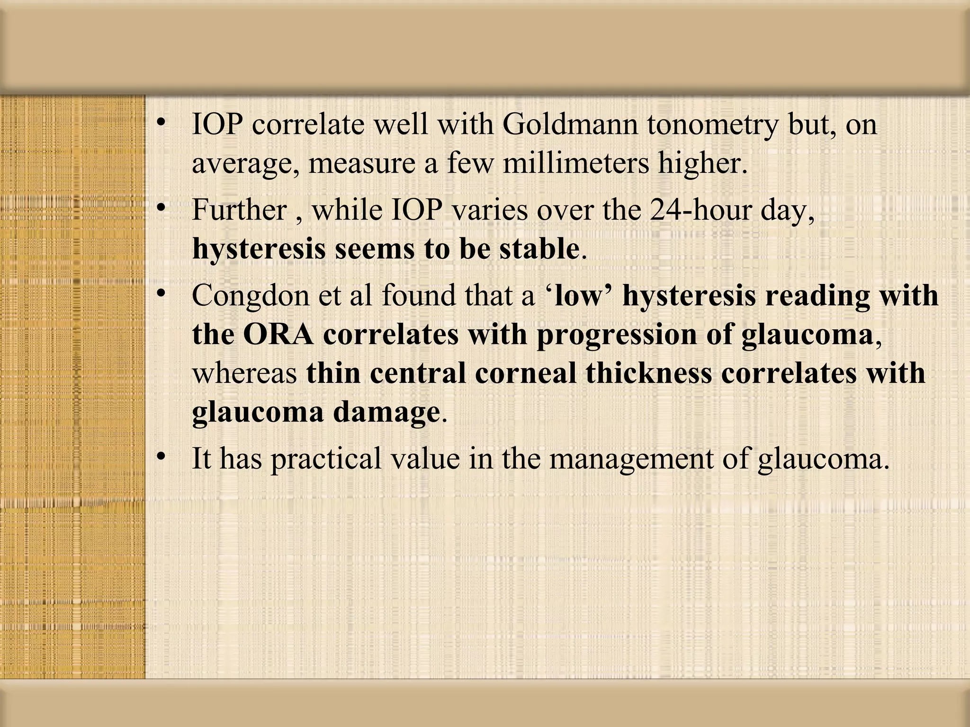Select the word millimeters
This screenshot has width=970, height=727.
pyautogui.click(x=575, y=163)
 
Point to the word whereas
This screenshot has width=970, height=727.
pyautogui.click(x=244, y=373)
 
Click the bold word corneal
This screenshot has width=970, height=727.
pyautogui.click(x=526, y=373)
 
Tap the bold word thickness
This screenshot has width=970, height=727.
pyautogui.click(x=649, y=373)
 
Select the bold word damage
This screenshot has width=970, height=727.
pyautogui.click(x=386, y=412)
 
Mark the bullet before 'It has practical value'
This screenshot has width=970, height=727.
pyautogui.click(x=162, y=456)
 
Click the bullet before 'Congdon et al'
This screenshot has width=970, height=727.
pyautogui.click(x=162, y=293)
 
